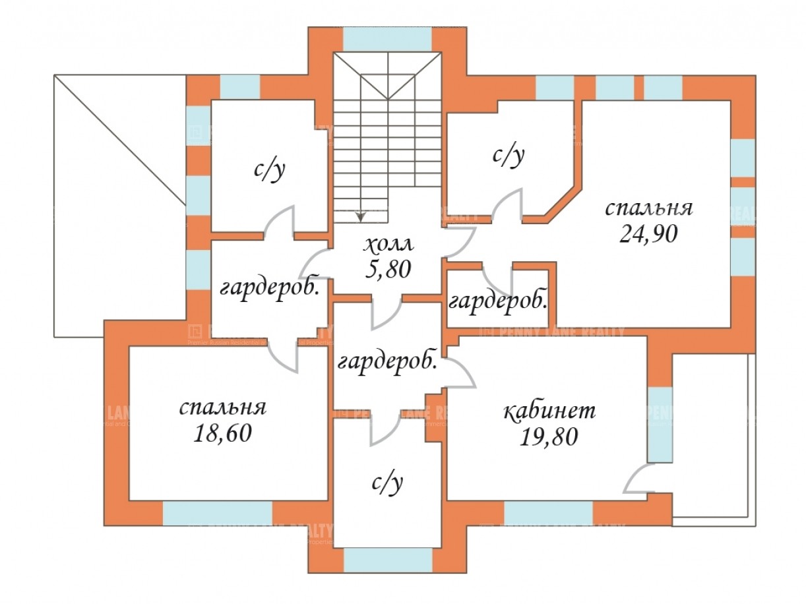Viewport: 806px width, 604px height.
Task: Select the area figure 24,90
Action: pos(649,233)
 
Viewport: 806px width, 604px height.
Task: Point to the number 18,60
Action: pos(223,433)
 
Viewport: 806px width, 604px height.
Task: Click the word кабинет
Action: pos(549,411)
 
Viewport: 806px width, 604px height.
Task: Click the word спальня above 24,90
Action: pos(649,208)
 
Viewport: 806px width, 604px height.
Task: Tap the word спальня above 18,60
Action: pos(223,408)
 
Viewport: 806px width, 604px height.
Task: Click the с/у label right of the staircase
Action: pos(509,156)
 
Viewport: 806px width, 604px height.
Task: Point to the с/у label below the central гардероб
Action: pos(387,484)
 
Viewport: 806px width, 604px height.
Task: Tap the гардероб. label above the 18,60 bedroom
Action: pos(271,287)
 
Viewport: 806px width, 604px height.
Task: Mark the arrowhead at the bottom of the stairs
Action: pos(360,216)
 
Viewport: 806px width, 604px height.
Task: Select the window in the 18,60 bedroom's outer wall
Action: pos(217,513)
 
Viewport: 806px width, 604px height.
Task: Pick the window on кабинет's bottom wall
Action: pos(548,513)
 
